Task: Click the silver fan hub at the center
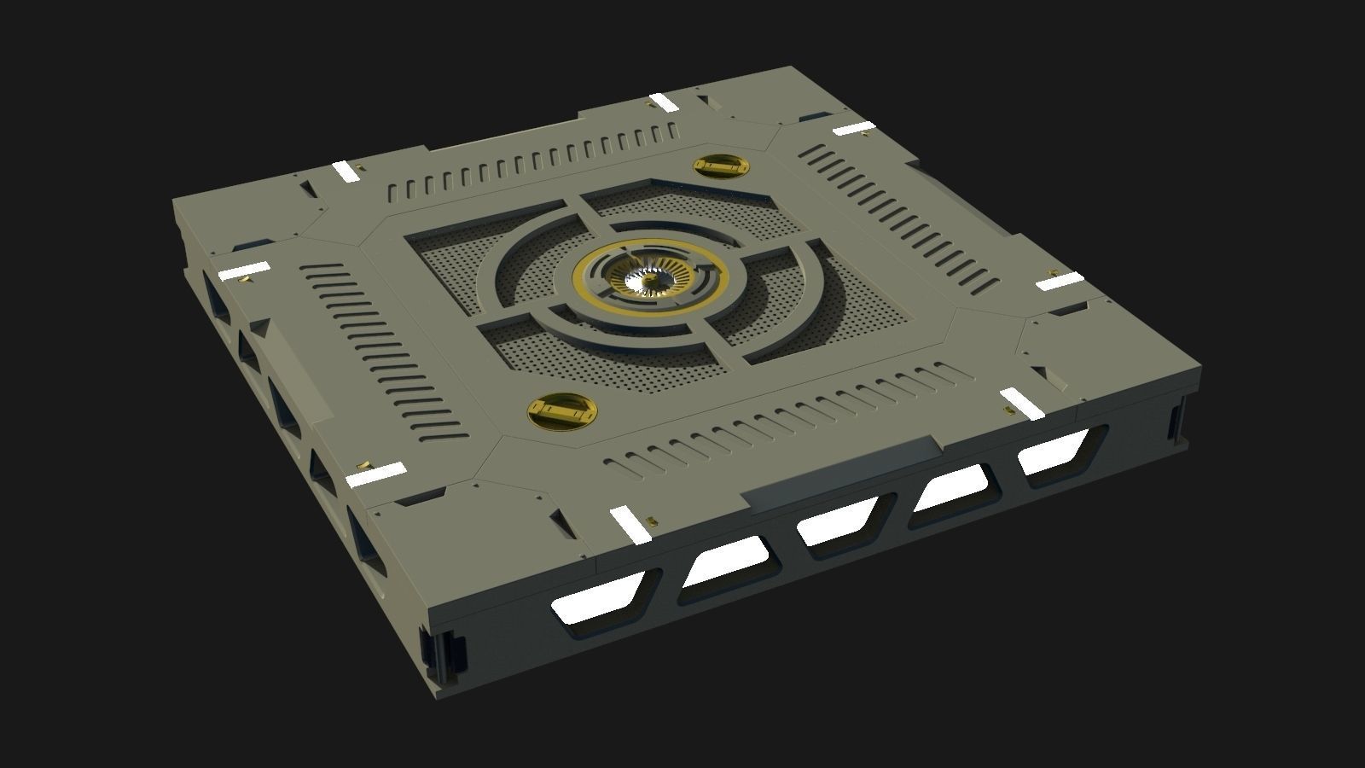coord(647,279)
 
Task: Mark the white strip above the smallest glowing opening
coord(1021,403)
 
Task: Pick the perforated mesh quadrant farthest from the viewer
coord(682,201)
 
